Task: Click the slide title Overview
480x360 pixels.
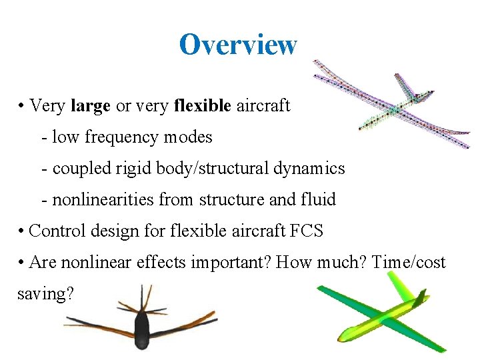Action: (x=237, y=45)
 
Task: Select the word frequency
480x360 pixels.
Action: (x=117, y=137)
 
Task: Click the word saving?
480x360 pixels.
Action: (x=45, y=293)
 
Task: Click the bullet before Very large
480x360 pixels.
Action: (x=22, y=106)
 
